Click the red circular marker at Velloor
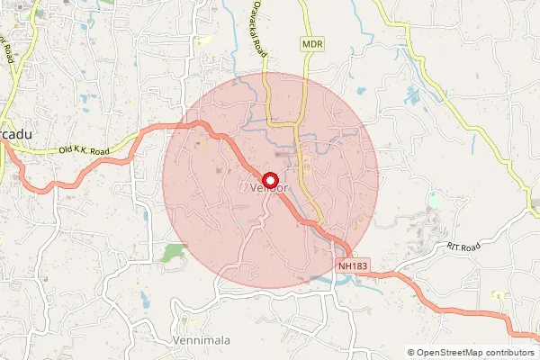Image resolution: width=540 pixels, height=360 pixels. pyautogui.click(x=268, y=179)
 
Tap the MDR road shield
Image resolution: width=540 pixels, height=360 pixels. pyautogui.click(x=312, y=42)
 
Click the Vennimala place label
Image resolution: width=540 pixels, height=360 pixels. pyautogui.click(x=200, y=341)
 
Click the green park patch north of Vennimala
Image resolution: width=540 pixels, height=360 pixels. pyautogui.click(x=174, y=251)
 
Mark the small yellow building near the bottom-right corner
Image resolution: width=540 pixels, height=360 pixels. pyautogui.click(x=497, y=294)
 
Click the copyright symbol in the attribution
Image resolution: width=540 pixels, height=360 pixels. pyautogui.click(x=411, y=352)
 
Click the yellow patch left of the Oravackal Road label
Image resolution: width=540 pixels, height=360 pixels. pyautogui.click(x=206, y=40)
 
